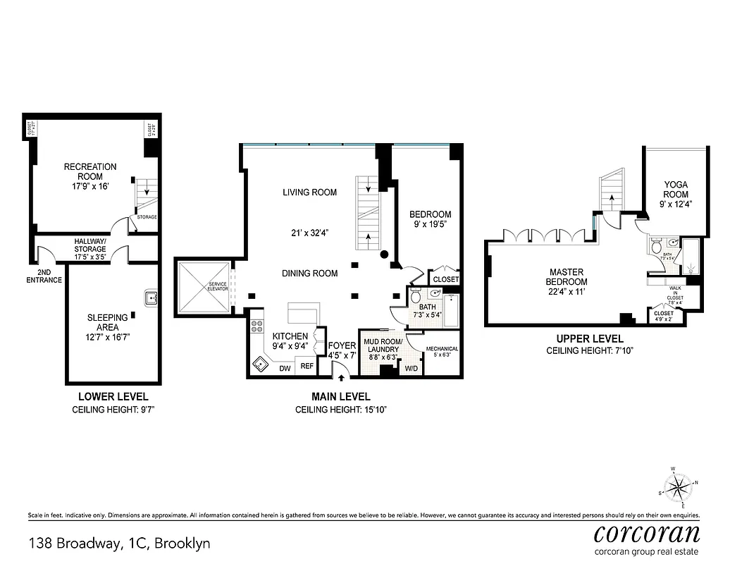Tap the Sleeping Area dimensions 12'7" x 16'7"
tap(108, 337)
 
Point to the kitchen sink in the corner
tap(261, 364)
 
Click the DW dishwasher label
tap(285, 368)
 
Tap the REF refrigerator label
tap(307, 366)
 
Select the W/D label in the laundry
tap(411, 367)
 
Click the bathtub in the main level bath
tap(447, 309)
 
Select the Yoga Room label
tap(676, 190)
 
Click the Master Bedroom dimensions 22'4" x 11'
tap(569, 291)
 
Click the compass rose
tap(678, 486)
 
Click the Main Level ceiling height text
tap(341, 410)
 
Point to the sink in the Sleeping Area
tap(151, 298)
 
